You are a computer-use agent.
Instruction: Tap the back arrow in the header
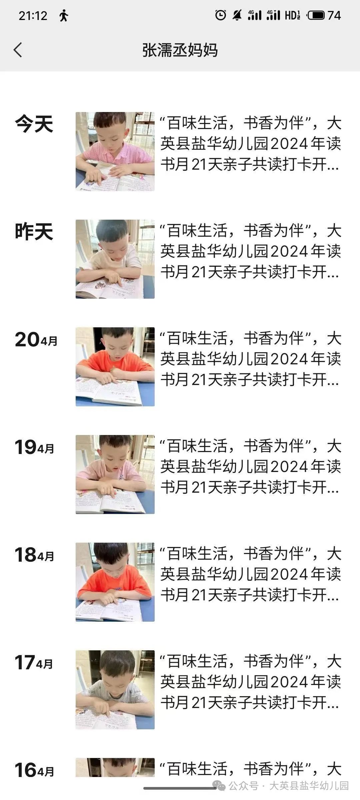coord(18,50)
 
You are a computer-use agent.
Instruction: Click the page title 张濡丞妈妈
coord(180,50)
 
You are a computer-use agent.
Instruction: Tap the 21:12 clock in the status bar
coord(33,16)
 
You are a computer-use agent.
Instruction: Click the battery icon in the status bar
coord(316,15)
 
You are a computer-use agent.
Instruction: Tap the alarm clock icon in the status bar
coord(220,15)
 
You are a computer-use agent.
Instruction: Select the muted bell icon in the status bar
coord(237,15)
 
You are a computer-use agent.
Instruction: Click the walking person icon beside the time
coord(63,16)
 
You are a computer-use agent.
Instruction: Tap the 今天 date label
coord(34,124)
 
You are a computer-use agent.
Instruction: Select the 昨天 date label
coord(34,232)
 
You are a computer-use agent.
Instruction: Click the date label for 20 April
coord(36,340)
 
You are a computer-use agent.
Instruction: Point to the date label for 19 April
coord(34,447)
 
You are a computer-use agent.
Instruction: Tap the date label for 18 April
coord(34,555)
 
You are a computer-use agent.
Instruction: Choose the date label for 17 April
coord(34,663)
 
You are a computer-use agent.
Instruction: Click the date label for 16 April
coord(34,770)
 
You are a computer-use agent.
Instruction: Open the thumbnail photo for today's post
coord(115,151)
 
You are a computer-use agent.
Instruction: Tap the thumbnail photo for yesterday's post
coord(115,259)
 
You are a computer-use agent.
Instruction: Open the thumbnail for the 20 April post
coord(115,367)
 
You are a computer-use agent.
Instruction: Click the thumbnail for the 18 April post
coord(115,582)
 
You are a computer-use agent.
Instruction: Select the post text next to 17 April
coord(251,682)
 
